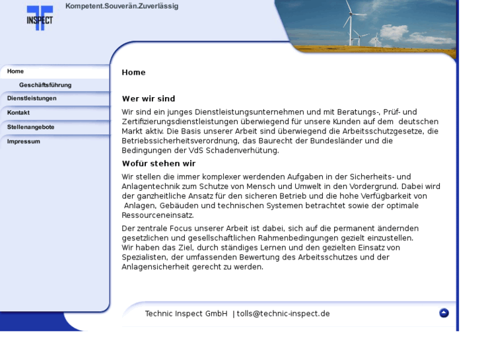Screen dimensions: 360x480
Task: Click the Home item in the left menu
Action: click(x=16, y=71)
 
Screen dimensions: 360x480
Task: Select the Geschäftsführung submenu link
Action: click(x=45, y=85)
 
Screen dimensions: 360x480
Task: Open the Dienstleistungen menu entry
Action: click(x=32, y=98)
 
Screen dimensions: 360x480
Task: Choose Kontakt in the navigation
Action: click(x=18, y=113)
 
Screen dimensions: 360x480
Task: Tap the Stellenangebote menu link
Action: click(x=30, y=127)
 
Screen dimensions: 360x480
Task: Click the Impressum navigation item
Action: click(x=24, y=141)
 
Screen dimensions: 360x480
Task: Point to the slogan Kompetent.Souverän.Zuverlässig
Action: click(x=121, y=7)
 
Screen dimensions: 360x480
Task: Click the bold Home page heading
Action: click(x=133, y=73)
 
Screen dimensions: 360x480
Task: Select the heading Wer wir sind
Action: click(x=149, y=99)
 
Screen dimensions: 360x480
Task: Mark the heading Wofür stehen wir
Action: click(x=158, y=164)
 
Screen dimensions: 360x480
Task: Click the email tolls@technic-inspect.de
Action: click(x=283, y=314)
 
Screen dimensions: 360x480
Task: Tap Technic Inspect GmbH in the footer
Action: click(x=186, y=314)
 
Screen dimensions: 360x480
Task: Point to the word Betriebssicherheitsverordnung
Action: click(x=180, y=141)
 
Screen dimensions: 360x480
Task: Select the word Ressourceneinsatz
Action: click(x=158, y=215)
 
